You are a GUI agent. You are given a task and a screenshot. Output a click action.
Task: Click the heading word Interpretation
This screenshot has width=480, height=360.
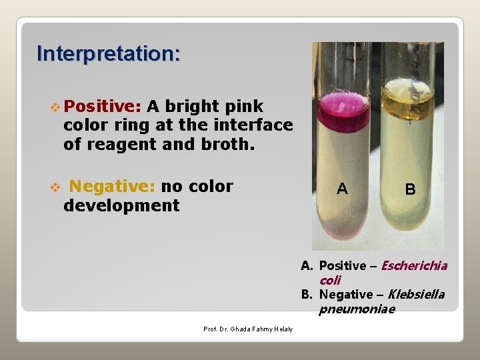click(x=108, y=53)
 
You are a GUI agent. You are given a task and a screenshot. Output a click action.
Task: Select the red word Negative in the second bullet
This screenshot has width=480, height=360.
click(x=113, y=186)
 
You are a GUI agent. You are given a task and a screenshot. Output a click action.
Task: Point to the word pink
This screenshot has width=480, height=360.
click(x=244, y=106)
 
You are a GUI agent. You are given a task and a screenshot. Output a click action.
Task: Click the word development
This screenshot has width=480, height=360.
click(x=121, y=205)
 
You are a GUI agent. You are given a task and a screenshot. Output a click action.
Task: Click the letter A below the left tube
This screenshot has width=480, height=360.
click(x=342, y=189)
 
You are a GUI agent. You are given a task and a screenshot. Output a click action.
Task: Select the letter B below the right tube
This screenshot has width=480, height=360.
click(x=410, y=189)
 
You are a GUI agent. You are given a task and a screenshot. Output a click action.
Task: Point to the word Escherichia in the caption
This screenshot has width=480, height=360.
click(x=415, y=266)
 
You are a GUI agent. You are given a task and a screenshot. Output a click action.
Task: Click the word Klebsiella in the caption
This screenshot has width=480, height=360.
click(x=417, y=294)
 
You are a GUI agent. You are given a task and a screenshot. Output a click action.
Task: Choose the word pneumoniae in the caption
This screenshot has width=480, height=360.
click(x=357, y=309)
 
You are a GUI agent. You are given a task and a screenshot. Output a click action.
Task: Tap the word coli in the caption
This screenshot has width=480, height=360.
click(x=330, y=280)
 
